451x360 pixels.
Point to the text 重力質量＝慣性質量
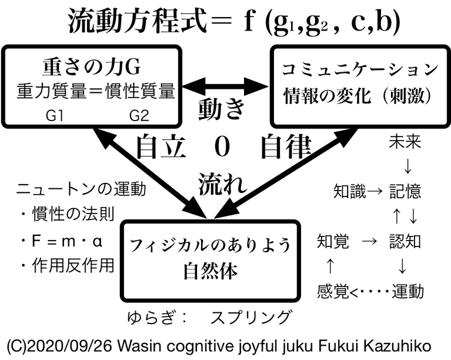tap(96, 91)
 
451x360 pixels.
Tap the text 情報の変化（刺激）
tap(358, 94)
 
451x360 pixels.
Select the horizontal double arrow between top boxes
tap(225, 84)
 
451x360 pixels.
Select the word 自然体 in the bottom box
tap(210, 272)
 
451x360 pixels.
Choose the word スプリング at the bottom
tap(251, 317)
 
